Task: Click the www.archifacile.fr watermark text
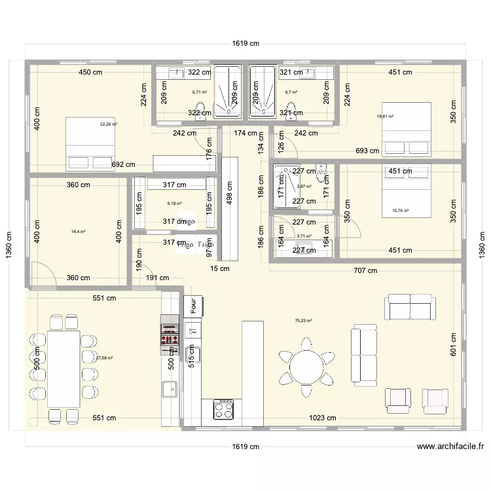tap(450, 447)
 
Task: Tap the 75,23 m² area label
tap(304, 321)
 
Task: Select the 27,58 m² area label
tap(105, 358)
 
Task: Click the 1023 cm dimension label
tap(323, 418)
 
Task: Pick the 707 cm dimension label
tap(365, 270)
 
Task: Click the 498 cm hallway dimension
tap(229, 191)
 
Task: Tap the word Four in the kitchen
tap(194, 305)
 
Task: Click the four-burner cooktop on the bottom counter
tap(222, 410)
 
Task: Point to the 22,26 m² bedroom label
tap(108, 124)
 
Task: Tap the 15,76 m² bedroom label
tap(400, 211)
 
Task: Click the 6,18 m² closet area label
tap(174, 204)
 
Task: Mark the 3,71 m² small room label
tap(304, 236)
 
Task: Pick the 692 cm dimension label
tap(123, 165)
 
